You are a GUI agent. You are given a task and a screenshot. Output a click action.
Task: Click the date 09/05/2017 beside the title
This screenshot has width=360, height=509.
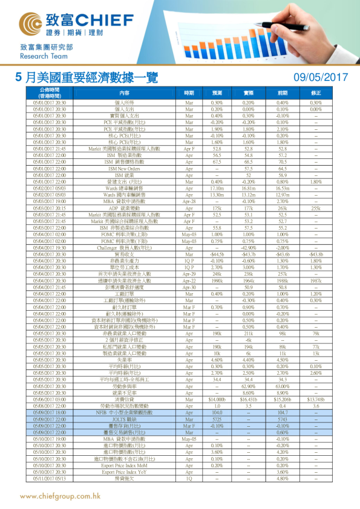321,77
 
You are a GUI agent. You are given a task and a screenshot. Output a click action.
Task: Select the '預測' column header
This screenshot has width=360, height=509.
217,93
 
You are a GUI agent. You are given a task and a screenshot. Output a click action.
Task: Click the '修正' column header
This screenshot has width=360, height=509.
315,93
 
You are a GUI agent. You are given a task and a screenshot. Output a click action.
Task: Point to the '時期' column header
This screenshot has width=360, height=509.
189,93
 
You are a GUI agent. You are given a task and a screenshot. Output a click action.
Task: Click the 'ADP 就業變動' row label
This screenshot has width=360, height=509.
125,208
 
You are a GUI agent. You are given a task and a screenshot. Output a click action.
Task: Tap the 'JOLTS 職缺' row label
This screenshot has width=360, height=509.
125,418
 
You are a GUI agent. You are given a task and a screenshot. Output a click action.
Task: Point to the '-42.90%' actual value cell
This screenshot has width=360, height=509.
248,248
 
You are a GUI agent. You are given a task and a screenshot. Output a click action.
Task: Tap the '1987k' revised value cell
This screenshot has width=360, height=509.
315,280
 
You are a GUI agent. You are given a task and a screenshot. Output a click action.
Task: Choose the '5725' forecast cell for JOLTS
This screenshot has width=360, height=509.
217,418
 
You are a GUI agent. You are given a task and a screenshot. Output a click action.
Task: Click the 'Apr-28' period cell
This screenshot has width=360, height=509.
189,203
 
